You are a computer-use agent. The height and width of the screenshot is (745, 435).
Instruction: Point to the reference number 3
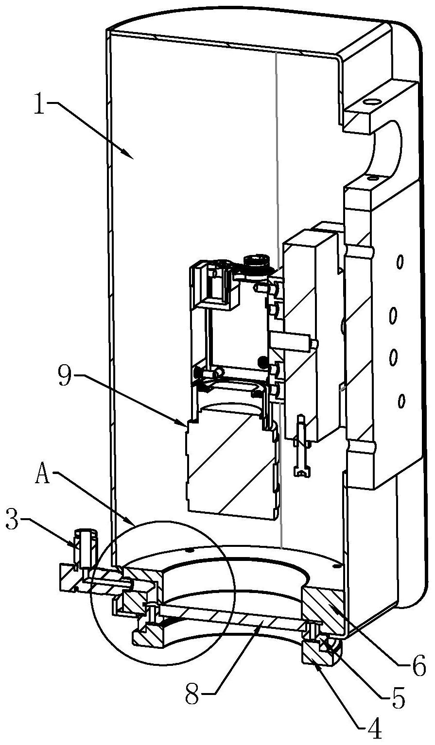(14, 520)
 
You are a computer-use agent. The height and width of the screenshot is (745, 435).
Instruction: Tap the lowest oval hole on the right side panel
(401, 401)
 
